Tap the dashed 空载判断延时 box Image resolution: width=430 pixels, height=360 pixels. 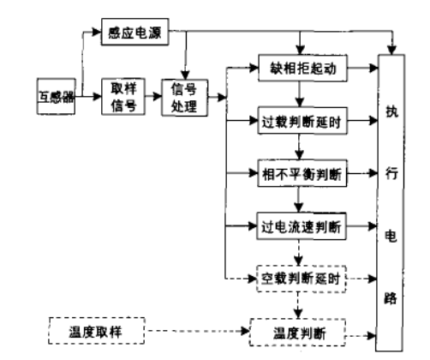tap(299, 279)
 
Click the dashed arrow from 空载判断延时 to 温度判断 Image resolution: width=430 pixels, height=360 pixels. tap(299, 304)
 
